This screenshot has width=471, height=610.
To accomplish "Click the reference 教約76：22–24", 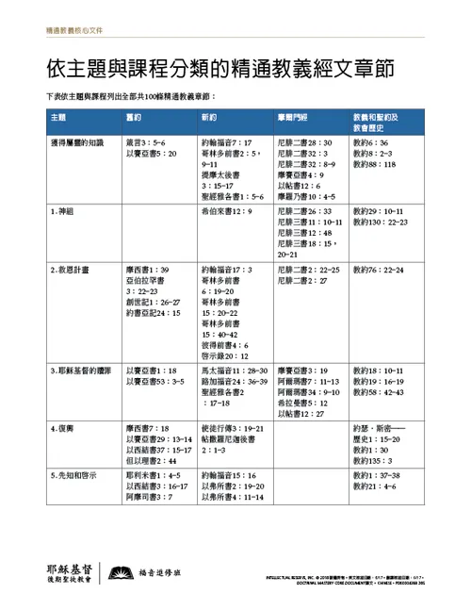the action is click(x=383, y=270).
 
